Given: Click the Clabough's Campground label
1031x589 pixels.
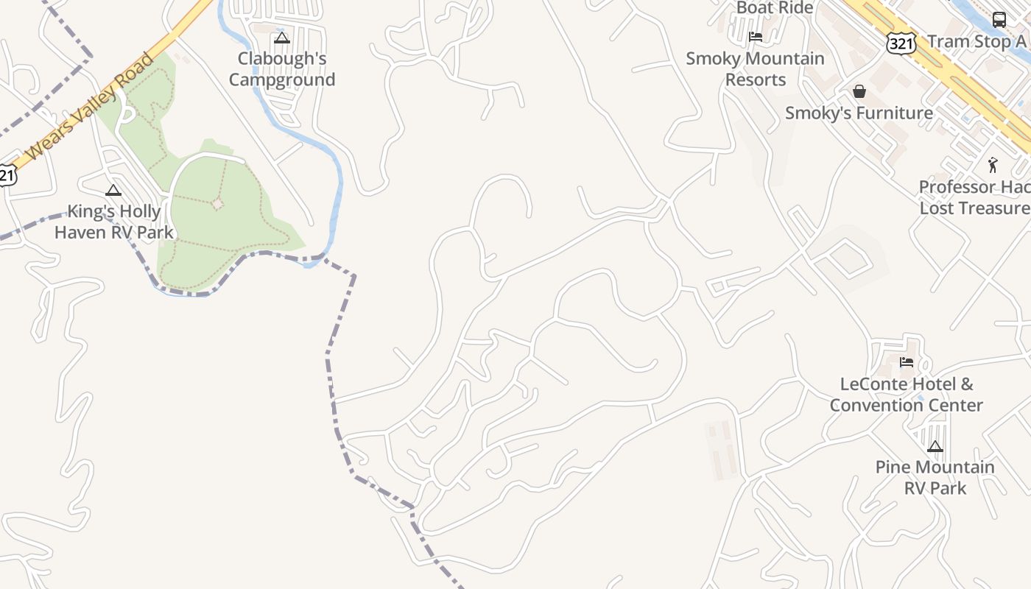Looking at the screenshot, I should point(282,69).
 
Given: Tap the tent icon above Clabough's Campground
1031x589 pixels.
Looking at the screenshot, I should point(282,38).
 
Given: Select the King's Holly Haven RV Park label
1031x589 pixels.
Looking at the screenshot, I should point(114,222).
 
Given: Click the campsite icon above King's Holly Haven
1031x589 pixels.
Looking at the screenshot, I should point(113,190).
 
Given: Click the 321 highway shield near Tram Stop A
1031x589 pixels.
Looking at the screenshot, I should point(901,43).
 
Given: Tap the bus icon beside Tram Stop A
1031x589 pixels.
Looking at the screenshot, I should point(999,20).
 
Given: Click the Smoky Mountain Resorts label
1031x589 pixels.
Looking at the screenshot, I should point(755,68).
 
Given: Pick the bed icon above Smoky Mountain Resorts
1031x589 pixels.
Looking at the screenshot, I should point(755,36).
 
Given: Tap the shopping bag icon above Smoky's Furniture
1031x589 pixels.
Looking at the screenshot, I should point(859,91).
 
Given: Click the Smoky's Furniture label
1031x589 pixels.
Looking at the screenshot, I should point(859,113).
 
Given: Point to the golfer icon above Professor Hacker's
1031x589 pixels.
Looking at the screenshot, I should point(993,165).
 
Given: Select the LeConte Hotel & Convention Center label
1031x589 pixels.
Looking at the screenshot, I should point(907,395).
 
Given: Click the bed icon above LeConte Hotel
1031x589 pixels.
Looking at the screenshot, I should point(907,362).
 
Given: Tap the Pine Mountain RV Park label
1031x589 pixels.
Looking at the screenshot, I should point(935,477).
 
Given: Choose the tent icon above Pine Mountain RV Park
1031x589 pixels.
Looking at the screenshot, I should point(935,445).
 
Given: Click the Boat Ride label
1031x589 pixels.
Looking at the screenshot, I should point(775,8).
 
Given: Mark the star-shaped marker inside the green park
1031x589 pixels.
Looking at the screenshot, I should point(217,203).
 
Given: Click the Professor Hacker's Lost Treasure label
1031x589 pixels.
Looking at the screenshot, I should point(974,197).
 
